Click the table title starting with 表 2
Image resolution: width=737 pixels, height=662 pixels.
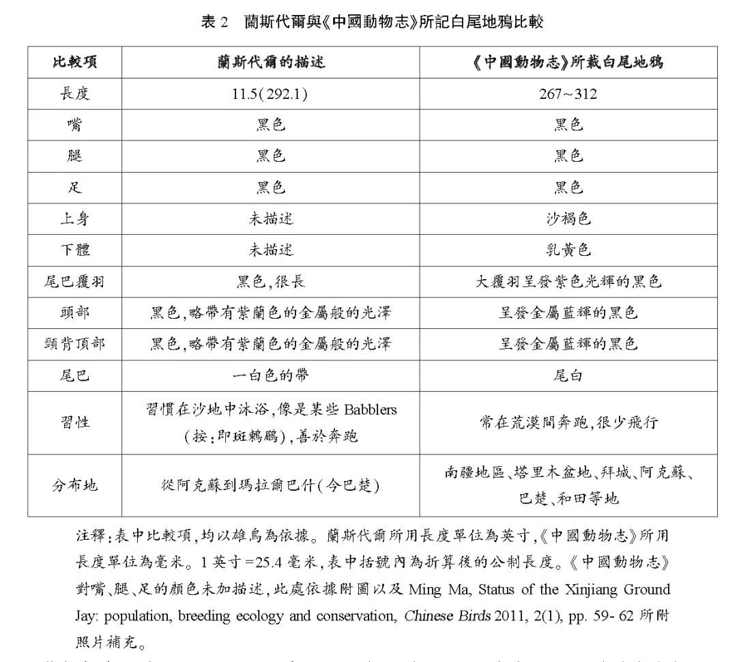372,21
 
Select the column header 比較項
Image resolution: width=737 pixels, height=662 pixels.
74,62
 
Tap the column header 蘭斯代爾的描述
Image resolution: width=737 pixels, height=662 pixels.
271,62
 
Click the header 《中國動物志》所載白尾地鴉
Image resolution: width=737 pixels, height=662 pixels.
568,62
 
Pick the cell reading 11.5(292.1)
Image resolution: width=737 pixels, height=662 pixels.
270,93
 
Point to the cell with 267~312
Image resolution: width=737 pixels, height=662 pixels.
568,93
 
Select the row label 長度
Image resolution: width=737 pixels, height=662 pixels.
74,93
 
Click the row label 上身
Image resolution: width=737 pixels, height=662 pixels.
74,219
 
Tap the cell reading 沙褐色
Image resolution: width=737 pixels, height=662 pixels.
568,219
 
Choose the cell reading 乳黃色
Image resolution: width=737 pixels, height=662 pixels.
568,250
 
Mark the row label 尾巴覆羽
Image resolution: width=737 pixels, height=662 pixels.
74,282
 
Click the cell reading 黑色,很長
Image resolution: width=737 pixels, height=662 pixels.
270,282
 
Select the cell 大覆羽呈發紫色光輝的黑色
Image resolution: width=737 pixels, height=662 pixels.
568,282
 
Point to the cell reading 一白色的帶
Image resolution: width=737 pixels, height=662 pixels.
270,376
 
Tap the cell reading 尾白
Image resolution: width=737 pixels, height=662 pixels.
568,376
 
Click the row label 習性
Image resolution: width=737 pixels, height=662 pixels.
74,422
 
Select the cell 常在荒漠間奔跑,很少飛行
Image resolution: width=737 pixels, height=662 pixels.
568,422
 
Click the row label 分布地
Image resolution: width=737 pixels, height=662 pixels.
74,485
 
